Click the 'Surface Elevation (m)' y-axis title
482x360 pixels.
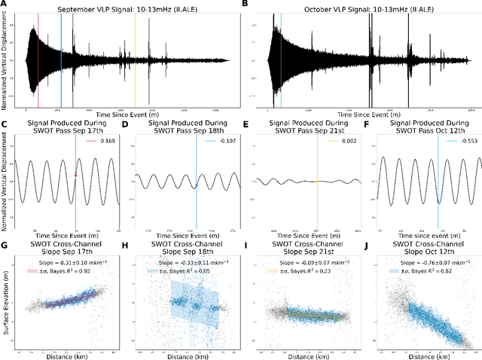pos(5,297)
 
